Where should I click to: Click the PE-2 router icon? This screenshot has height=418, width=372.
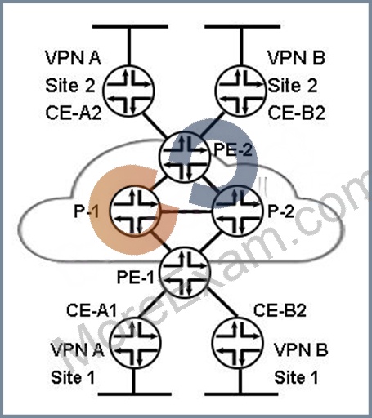tap(186, 158)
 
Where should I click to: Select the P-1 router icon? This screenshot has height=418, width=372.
tap(134, 211)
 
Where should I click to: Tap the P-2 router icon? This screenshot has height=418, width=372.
tap(238, 211)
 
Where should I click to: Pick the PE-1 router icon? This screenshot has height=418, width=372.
tap(186, 273)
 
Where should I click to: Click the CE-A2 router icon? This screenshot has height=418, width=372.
tap(128, 91)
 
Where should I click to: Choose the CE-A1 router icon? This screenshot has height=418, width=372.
tap(135, 344)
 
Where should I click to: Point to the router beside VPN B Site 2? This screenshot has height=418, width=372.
tap(240, 91)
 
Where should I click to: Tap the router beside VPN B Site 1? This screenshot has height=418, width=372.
tap(238, 344)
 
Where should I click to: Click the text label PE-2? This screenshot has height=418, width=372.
tap(233, 149)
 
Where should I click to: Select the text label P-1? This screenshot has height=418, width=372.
tap(87, 211)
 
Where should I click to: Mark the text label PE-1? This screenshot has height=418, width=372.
tap(136, 278)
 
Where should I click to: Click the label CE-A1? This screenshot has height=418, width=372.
tap(92, 310)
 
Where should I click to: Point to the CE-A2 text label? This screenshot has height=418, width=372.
tap(74, 113)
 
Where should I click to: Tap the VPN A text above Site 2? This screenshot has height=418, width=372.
tap(73, 58)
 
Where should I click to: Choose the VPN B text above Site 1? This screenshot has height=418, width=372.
tap(301, 349)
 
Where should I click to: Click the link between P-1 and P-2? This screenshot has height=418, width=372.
tap(186, 211)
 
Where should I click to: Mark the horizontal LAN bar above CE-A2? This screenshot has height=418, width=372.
tap(130, 27)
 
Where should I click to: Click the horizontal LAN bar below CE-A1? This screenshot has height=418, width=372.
tap(135, 394)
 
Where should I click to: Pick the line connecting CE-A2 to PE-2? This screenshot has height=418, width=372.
tap(155, 126)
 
